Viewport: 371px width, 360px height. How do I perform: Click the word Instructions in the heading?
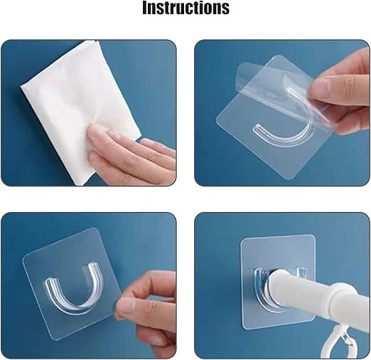[185, 8]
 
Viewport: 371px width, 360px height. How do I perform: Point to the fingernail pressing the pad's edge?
[127, 307]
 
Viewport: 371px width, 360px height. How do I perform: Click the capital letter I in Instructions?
[146, 8]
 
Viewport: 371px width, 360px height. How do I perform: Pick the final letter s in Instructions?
[225, 9]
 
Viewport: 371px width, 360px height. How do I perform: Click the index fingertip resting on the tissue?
[93, 133]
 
